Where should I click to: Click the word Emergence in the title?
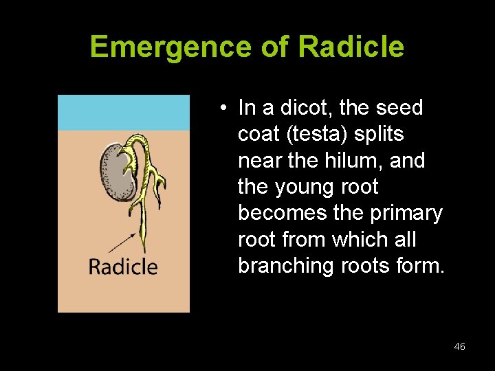coord(172,47)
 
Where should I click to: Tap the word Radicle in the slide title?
coord(351,47)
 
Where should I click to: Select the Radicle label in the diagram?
coord(123,267)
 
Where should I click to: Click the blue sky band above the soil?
coord(123,113)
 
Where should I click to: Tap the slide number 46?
coord(459,347)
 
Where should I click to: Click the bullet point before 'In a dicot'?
coord(224,109)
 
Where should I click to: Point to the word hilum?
coord(356,161)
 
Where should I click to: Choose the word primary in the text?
coord(406,213)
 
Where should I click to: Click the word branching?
coord(286,266)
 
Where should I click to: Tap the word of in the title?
coord(276,47)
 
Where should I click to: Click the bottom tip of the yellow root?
coord(144,250)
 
